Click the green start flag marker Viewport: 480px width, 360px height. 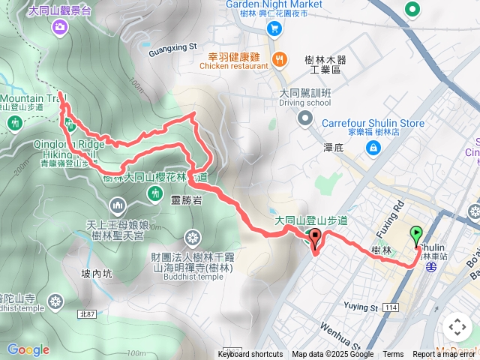pos(417,235)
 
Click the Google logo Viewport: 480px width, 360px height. pos(28,349)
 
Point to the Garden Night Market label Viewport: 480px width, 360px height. pos(273,4)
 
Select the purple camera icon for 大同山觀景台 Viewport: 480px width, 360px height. pos(59,27)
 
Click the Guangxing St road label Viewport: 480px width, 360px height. pos(172,52)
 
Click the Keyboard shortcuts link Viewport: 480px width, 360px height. pos(250,355)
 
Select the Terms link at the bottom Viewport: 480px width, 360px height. pos(393,355)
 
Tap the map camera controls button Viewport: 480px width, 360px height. pos(457,327)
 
